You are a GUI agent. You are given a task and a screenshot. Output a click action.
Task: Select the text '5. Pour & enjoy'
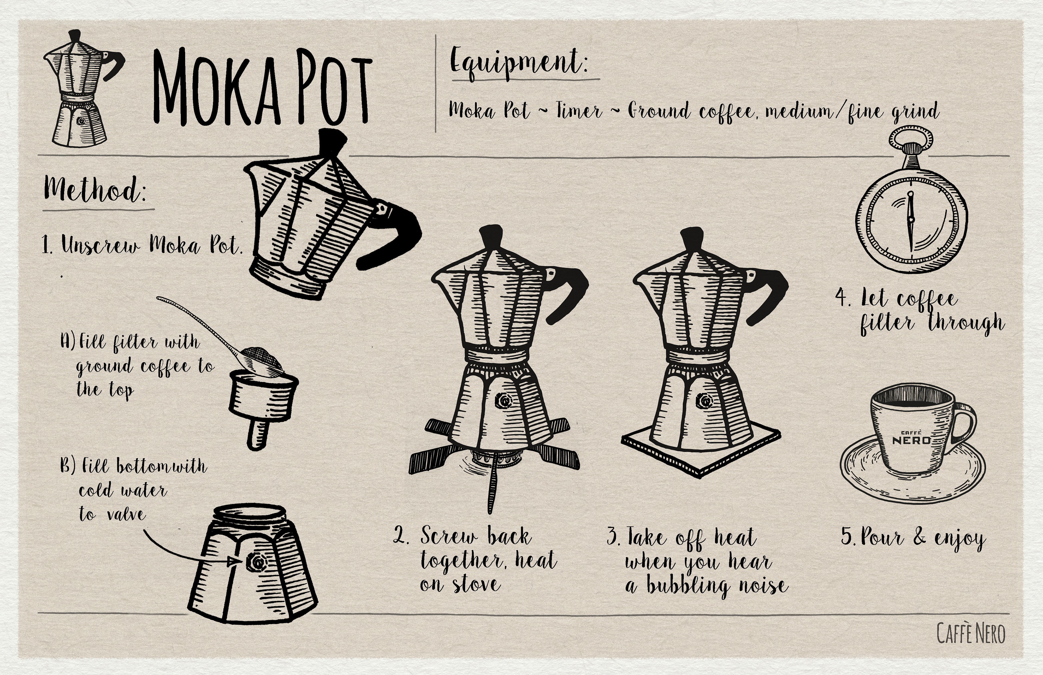pyautogui.click(x=913, y=538)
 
